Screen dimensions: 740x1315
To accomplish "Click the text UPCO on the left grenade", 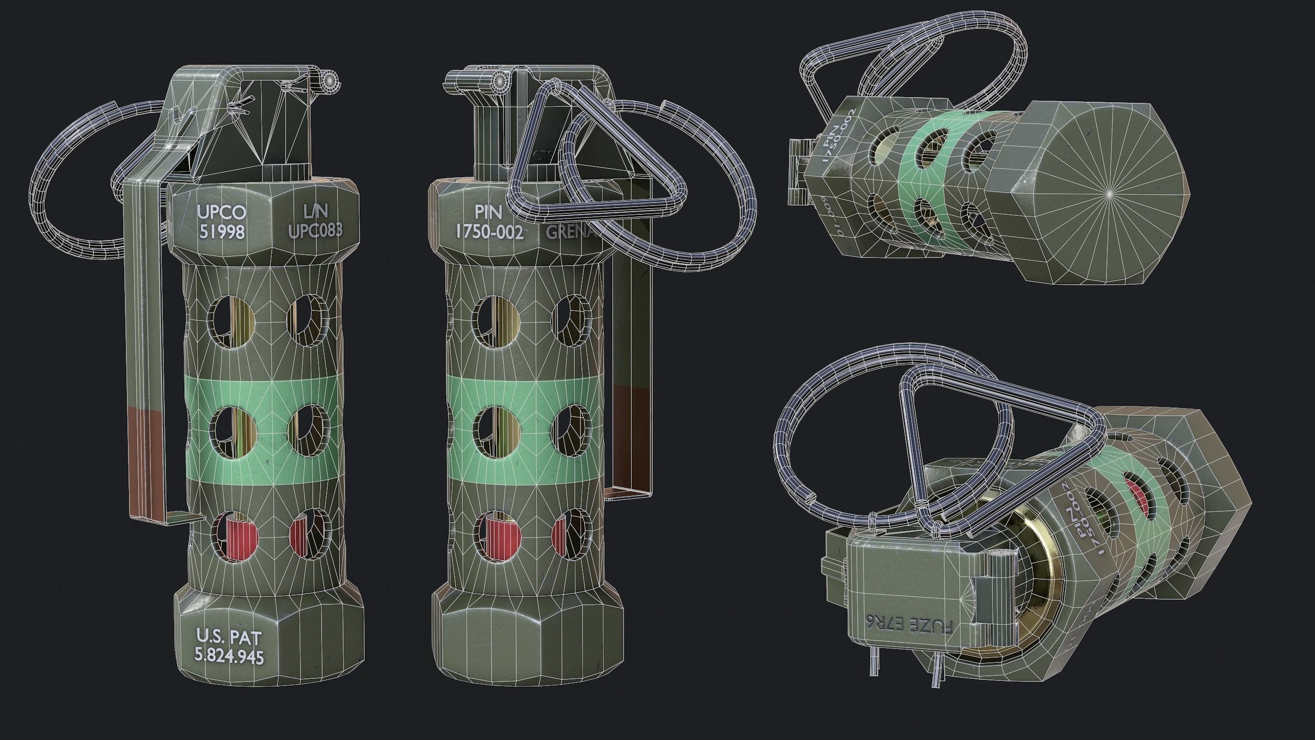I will [x=221, y=212].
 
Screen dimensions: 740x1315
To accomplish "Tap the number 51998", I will [x=221, y=232].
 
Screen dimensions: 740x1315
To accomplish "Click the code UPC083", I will [x=314, y=232].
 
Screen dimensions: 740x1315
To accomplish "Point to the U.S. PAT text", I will [x=229, y=637].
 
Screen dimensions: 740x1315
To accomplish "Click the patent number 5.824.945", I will [x=229, y=656].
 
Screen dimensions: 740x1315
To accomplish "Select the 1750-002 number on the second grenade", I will [x=490, y=232].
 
